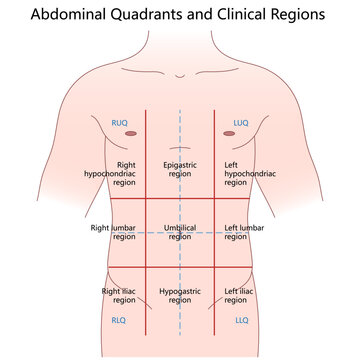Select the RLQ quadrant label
pyautogui.click(x=118, y=322)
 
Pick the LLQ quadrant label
pyautogui.click(x=241, y=322)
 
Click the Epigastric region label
pyautogui.click(x=180, y=168)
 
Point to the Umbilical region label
pyautogui.click(x=180, y=232)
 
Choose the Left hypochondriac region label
pyautogui.click(x=245, y=168)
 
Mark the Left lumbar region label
pyautogui.click(x=245, y=232)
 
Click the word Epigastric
pyautogui.click(x=180, y=163)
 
